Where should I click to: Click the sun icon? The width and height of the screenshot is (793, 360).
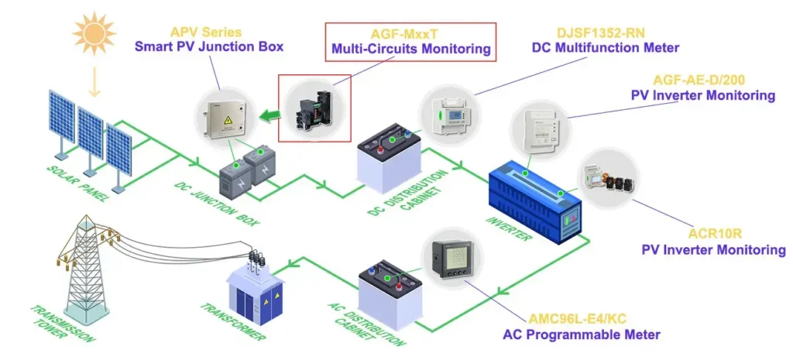94,33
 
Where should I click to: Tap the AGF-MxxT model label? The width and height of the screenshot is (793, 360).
410,34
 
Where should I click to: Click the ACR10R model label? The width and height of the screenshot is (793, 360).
713,235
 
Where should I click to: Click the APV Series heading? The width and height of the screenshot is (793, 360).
206,33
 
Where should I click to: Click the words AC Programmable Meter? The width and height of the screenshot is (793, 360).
581,334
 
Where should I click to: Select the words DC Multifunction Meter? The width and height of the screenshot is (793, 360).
605,47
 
